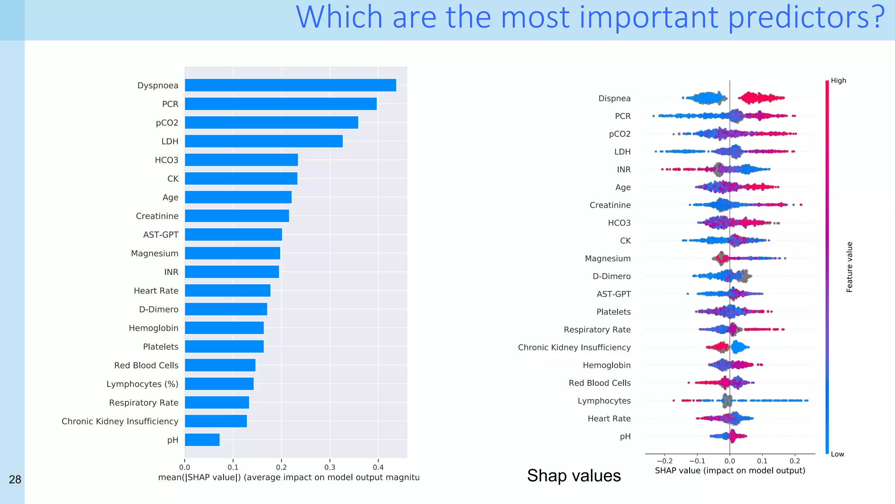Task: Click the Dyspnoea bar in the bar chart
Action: click(290, 85)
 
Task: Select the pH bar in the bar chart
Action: click(202, 440)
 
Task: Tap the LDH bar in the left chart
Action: click(264, 141)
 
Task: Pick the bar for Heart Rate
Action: click(227, 290)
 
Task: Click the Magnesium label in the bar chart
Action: click(155, 253)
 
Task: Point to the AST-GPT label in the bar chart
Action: click(160, 235)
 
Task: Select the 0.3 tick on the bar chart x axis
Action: click(330, 467)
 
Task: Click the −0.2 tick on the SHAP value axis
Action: click(664, 461)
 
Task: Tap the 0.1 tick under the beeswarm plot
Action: click(762, 461)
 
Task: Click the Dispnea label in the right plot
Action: click(614, 98)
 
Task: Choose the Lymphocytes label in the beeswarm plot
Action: click(604, 401)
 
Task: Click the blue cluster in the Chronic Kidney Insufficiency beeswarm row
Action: click(739, 347)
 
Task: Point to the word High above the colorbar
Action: click(838, 80)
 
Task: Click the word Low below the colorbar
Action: click(837, 454)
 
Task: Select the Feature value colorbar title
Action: click(849, 267)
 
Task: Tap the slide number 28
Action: click(15, 479)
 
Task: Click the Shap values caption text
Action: click(573, 476)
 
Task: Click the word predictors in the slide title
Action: click(806, 17)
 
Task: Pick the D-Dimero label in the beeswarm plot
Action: click(611, 276)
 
